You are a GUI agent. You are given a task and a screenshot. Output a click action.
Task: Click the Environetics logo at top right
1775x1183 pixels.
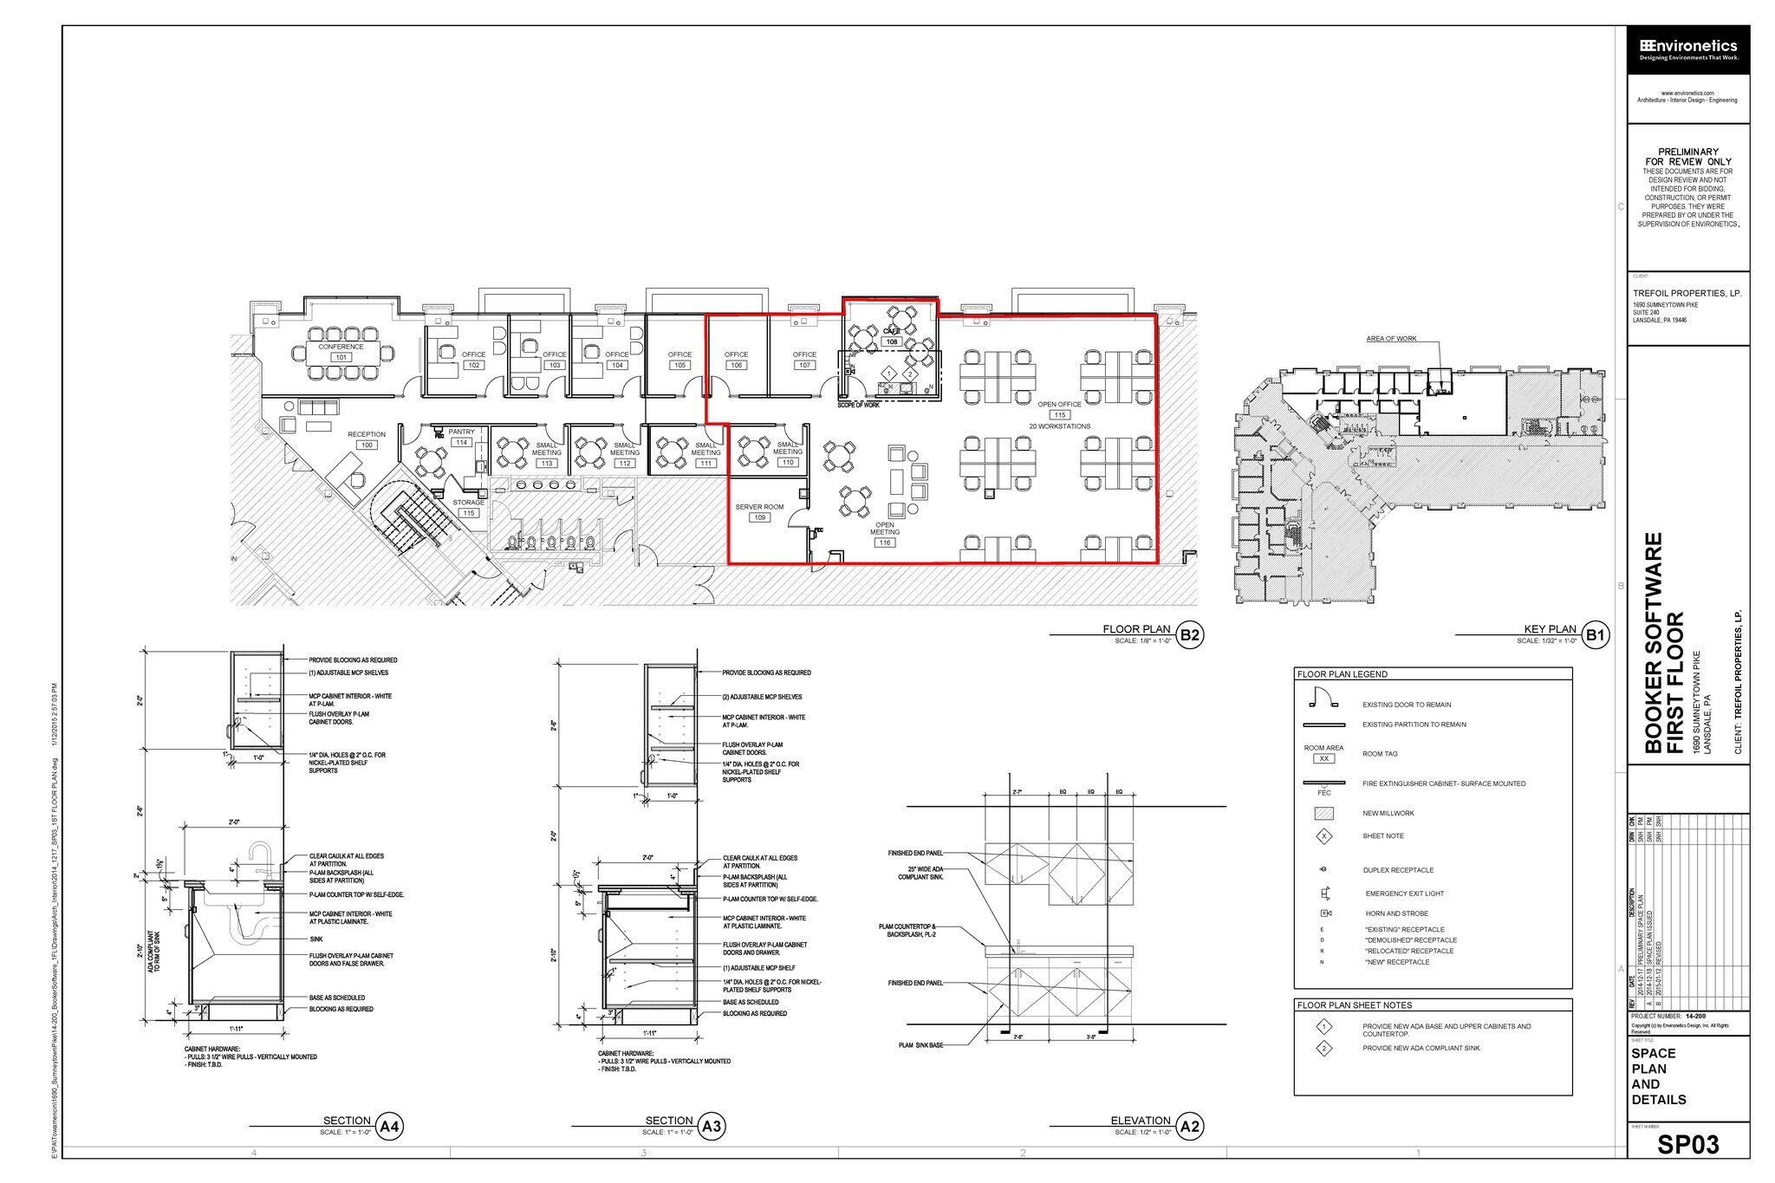pyautogui.click(x=1687, y=50)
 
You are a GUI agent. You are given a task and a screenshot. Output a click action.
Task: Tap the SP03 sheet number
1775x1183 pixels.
pyautogui.click(x=1687, y=1145)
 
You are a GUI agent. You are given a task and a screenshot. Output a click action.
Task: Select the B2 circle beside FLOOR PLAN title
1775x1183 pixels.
pyautogui.click(x=1190, y=634)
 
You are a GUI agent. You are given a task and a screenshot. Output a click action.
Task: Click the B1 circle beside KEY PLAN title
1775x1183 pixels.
pyautogui.click(x=1595, y=634)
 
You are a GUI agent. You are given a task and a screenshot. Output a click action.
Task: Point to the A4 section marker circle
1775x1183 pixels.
pyautogui.click(x=389, y=1126)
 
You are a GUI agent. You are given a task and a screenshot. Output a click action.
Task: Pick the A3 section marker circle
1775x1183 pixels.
pyautogui.click(x=711, y=1126)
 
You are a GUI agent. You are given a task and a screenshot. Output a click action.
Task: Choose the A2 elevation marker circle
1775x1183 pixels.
pyautogui.click(x=1189, y=1126)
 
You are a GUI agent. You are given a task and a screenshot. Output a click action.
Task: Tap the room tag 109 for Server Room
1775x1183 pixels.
pyautogui.click(x=759, y=517)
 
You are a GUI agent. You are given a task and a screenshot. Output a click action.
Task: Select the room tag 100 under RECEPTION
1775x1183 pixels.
pyautogui.click(x=367, y=445)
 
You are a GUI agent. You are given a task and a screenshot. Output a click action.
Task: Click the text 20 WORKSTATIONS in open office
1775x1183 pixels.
pyautogui.click(x=1059, y=426)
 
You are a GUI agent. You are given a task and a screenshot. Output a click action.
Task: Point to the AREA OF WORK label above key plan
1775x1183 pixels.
pyautogui.click(x=1391, y=339)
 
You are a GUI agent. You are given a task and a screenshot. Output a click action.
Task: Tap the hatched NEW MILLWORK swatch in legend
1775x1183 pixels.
pyautogui.click(x=1323, y=813)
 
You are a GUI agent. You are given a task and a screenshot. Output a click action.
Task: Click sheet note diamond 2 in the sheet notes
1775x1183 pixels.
pyautogui.click(x=1323, y=1049)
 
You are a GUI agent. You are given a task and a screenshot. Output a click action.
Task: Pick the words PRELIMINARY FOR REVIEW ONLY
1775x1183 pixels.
pyautogui.click(x=1687, y=157)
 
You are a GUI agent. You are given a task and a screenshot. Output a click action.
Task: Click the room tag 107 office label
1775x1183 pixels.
pyautogui.click(x=804, y=365)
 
